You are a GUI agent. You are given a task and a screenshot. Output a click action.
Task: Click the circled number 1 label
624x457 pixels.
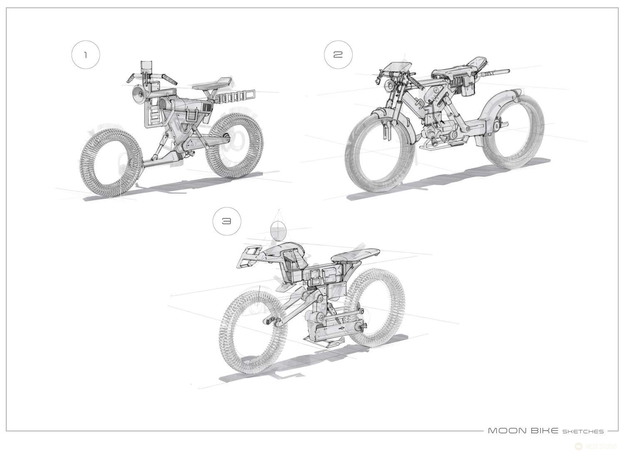(x=86, y=55)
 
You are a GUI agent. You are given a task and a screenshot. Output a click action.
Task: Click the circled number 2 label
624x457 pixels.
(x=338, y=54)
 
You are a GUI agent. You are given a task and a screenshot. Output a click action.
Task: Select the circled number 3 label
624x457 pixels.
(x=226, y=221)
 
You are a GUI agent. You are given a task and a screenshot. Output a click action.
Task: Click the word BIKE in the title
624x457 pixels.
(x=544, y=431)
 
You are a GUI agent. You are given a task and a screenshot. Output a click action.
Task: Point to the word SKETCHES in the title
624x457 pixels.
(x=583, y=432)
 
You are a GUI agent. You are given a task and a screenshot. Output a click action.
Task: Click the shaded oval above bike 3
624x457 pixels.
(x=278, y=231)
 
